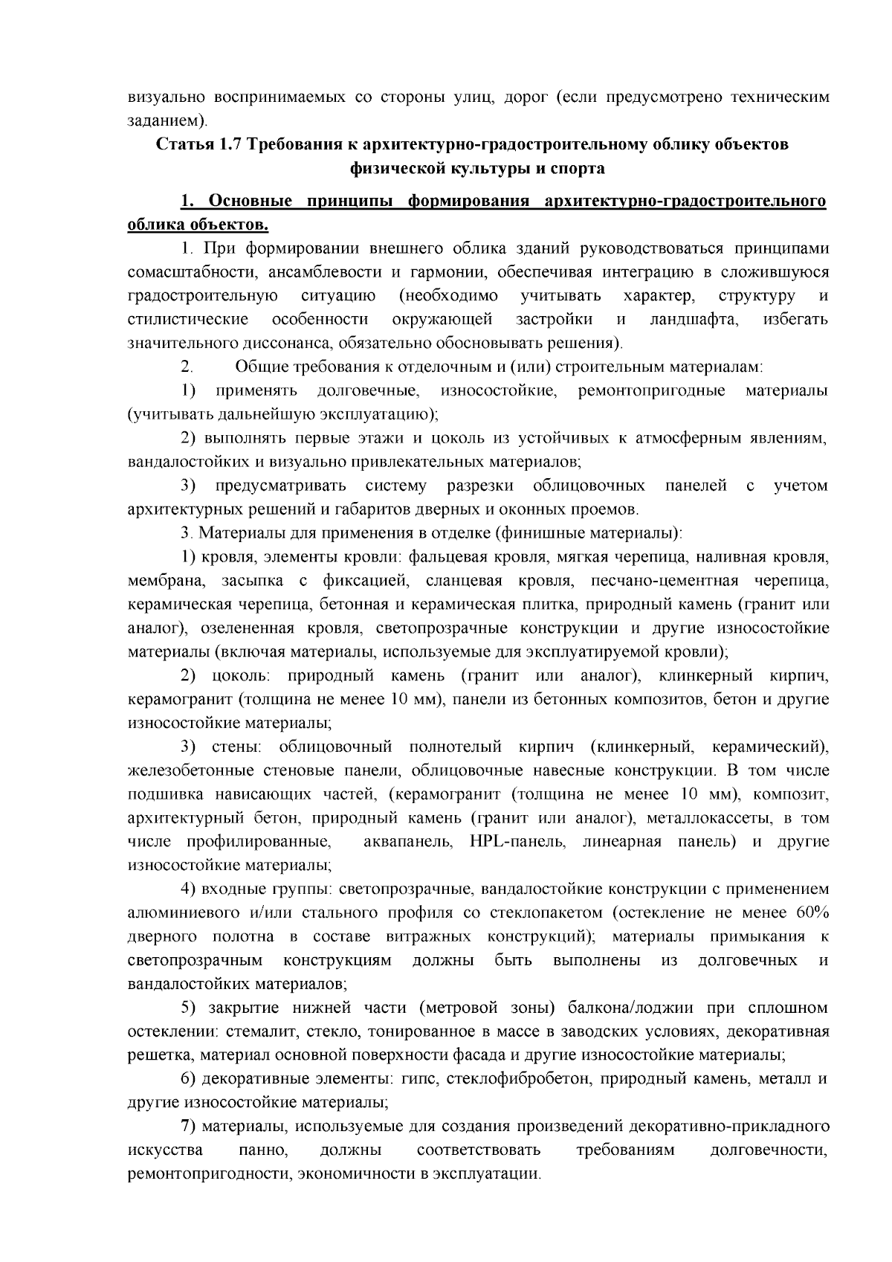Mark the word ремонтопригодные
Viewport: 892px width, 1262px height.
[x=651, y=391]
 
